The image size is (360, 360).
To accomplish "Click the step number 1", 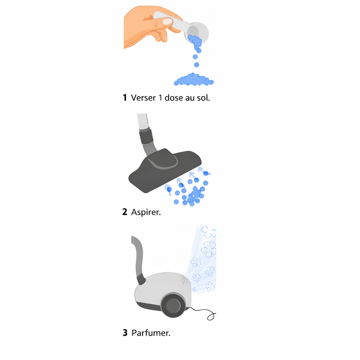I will click(x=125, y=98).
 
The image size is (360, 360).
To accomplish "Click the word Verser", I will click(x=143, y=98).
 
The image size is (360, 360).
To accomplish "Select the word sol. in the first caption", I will click(x=204, y=98).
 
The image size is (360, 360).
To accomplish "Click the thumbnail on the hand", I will click(x=167, y=21).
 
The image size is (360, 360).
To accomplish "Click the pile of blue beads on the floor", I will click(x=194, y=80).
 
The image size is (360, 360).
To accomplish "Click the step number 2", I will click(x=125, y=212).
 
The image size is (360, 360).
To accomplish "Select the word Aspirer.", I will click(x=146, y=212).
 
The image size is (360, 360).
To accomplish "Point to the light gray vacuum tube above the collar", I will click(x=142, y=121).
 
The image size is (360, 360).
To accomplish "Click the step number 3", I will click(x=125, y=333).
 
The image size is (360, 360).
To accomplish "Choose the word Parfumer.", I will click(x=151, y=333).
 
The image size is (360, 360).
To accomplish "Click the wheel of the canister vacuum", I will click(x=173, y=305).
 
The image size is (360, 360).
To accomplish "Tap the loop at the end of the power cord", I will click(x=211, y=317).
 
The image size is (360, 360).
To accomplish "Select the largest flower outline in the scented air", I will click(x=209, y=248).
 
